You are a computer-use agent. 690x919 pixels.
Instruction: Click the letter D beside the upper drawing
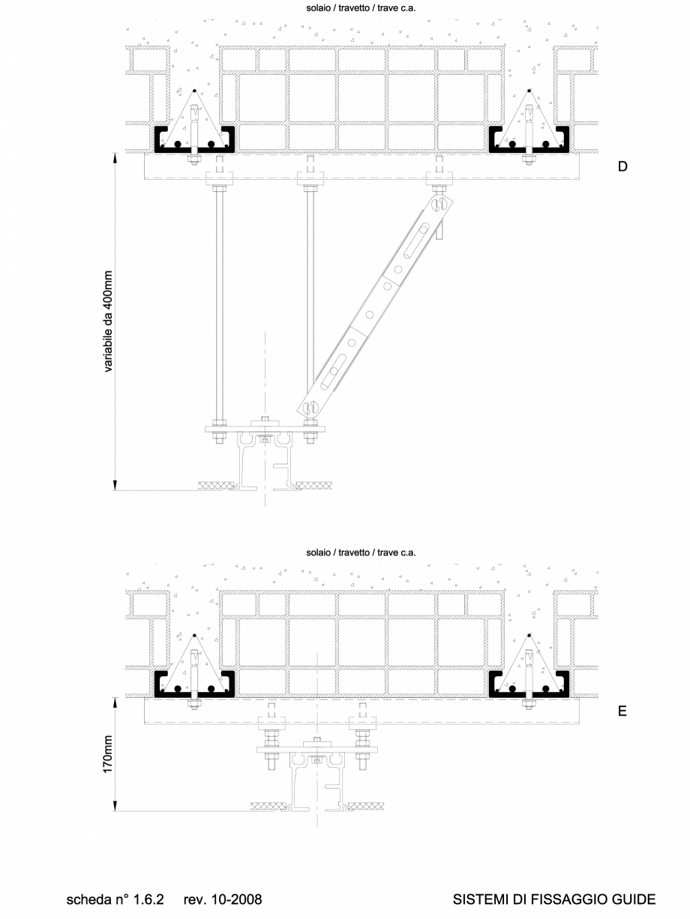tap(622, 166)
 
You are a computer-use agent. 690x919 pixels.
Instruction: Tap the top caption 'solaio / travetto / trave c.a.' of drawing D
tap(361, 9)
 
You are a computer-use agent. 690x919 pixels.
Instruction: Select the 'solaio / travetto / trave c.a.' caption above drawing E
tap(361, 552)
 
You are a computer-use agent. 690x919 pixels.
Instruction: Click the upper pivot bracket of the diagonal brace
tap(439, 203)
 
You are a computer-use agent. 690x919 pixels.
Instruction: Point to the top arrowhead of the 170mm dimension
tap(116, 702)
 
